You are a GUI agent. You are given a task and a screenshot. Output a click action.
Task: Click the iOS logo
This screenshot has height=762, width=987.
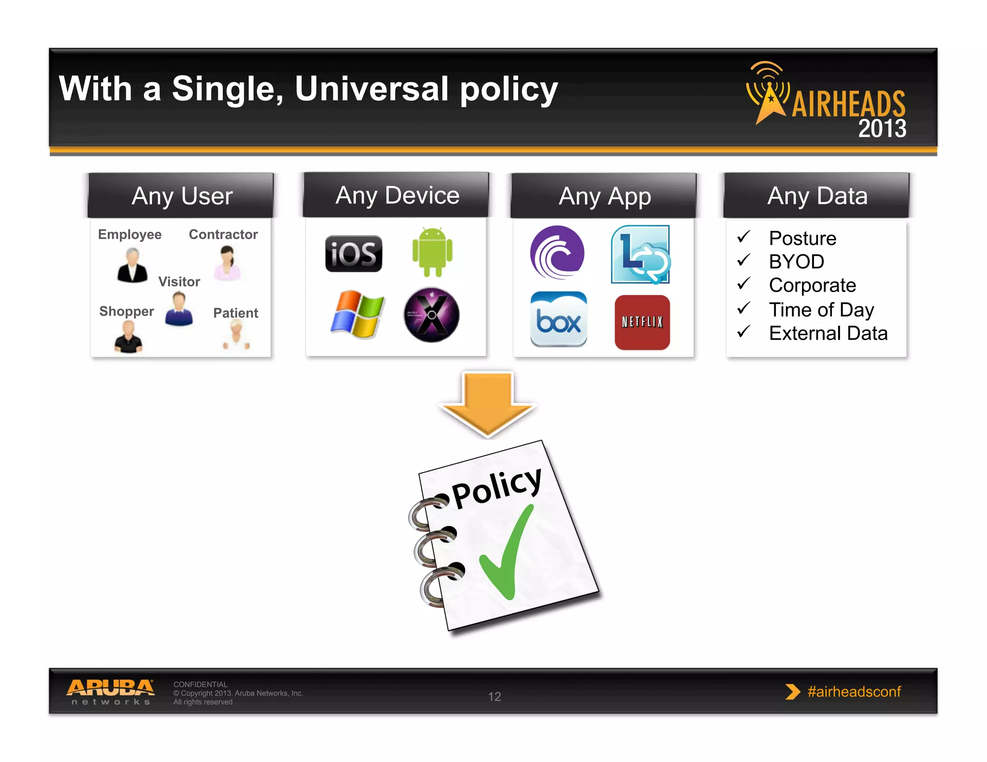coord(353,253)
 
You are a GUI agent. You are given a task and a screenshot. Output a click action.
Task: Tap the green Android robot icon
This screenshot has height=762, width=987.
coord(432,251)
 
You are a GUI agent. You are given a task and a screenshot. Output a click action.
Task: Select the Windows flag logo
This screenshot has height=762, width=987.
coord(357,314)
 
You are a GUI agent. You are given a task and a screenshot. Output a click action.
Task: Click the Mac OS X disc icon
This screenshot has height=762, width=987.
coord(431,315)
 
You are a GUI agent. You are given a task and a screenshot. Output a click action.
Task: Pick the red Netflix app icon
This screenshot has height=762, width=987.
coord(642,322)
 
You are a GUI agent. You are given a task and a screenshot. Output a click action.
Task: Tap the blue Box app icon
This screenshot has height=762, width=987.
coord(559,319)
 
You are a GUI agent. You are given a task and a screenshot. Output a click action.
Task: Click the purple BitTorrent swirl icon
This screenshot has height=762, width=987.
coord(557,252)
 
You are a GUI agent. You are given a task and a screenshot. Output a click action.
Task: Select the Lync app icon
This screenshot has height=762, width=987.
coord(640,254)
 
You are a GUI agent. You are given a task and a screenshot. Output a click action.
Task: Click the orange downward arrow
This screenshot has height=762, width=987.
coord(488,404)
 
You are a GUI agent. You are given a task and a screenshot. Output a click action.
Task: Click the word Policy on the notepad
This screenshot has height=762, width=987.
coord(496,488)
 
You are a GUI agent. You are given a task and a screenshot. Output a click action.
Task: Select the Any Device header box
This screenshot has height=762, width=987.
coord(397,195)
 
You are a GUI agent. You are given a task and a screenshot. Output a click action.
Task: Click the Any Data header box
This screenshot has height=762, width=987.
coord(817,196)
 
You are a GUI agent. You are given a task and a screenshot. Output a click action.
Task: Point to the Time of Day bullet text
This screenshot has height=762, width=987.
coord(821,310)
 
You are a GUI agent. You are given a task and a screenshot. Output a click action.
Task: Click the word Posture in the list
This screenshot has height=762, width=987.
coord(802,238)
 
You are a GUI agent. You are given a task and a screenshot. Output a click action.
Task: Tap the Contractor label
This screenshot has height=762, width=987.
coord(223,235)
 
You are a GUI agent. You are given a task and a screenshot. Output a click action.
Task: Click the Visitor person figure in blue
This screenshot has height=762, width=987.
coord(179,310)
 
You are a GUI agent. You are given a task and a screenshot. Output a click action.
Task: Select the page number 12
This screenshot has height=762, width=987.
coord(494,696)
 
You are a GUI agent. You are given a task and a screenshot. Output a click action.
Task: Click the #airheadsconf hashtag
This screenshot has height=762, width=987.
coord(854,692)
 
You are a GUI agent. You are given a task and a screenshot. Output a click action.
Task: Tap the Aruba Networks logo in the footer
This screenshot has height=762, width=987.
coord(110,692)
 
